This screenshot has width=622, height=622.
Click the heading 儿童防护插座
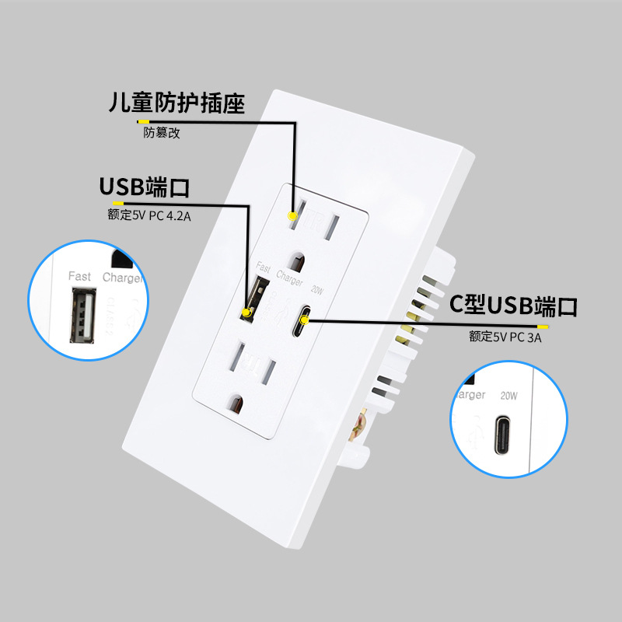coord(176,103)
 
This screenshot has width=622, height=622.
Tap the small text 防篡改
coord(162,133)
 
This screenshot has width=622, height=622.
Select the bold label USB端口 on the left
coord(145,187)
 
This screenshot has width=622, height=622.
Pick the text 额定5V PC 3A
coord(505,337)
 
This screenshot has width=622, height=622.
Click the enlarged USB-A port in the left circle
coord(80,315)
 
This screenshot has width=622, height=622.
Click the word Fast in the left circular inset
coord(79,276)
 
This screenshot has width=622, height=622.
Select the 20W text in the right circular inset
coord(509,395)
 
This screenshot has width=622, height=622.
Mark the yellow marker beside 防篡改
coord(142,122)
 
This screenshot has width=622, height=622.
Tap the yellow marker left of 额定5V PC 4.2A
coord(118,204)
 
